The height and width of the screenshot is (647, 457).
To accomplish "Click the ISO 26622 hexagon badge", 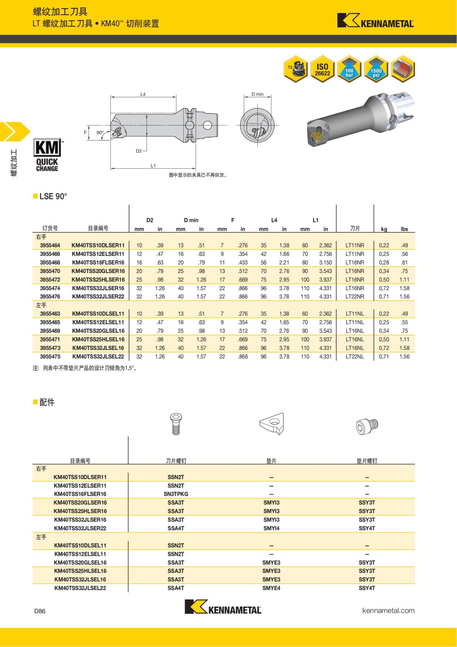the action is click(322, 69).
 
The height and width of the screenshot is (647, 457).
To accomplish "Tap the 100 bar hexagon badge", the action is click(349, 69).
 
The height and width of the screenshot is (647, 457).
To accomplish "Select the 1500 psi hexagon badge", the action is click(376, 69).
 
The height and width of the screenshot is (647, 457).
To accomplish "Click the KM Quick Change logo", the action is click(47, 155).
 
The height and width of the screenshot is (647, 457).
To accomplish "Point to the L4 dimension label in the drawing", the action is click(143, 94).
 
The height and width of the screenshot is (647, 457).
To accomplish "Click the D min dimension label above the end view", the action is click(257, 94).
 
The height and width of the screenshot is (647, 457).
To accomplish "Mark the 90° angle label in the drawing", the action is click(100, 133).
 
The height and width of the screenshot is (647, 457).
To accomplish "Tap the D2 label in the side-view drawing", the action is click(139, 151).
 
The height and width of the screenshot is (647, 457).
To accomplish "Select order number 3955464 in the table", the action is click(50, 246).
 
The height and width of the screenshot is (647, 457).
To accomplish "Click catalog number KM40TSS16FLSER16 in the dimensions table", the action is click(98, 263).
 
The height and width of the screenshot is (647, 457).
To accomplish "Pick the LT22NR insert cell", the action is click(355, 297).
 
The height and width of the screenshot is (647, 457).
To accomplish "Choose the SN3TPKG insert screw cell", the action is click(176, 494).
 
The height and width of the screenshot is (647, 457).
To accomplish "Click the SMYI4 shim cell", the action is click(271, 528).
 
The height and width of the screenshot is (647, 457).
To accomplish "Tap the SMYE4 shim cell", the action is click(271, 588).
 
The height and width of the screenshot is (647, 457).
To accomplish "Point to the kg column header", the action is click(384, 229).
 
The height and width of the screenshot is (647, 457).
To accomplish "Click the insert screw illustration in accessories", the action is click(176, 424).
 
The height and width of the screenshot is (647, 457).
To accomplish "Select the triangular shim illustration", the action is click(272, 424).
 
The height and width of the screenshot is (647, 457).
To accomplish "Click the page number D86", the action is click(40, 611).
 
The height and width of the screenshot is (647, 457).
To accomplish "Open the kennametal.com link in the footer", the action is click(388, 611).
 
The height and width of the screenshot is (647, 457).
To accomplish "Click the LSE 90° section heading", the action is click(53, 196).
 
